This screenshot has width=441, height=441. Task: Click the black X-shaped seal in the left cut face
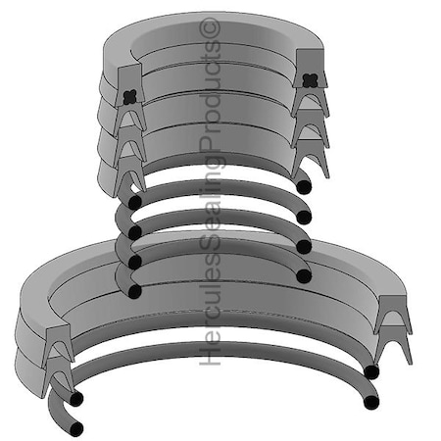pyautogui.click(x=129, y=97)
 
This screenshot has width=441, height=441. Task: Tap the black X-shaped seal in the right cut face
pyautogui.click(x=309, y=80)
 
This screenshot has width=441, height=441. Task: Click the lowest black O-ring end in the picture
pyautogui.click(x=75, y=428)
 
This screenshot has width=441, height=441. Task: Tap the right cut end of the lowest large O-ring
pyautogui.click(x=371, y=402)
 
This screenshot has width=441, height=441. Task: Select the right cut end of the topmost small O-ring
pyautogui.click(x=304, y=187)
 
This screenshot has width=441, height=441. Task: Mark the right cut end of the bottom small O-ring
pyautogui.click(x=304, y=276)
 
